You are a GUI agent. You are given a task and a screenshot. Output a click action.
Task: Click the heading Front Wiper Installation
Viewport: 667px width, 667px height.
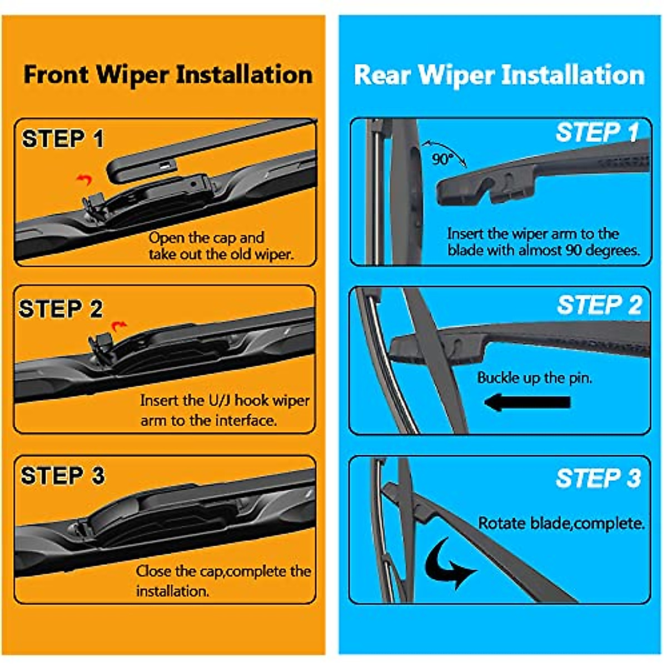tap(167, 74)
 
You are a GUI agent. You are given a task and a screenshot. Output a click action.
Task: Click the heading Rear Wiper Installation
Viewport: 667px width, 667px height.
tap(499, 75)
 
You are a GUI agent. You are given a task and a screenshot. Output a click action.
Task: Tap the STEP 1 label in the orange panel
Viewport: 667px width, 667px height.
tap(63, 139)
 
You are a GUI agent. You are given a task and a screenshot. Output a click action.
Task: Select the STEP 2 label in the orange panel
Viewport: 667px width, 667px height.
tap(61, 309)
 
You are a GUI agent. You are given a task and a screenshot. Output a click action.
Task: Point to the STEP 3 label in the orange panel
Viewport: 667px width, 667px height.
tap(62, 476)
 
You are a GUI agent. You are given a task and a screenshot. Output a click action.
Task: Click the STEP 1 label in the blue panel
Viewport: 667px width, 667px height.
tap(598, 133)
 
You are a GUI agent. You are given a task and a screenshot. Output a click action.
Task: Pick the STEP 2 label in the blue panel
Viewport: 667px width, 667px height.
tap(599, 305)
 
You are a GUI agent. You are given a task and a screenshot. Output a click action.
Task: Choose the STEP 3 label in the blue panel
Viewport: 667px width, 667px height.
tap(598, 478)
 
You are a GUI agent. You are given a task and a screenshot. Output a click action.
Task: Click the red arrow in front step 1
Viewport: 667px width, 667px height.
tap(84, 179)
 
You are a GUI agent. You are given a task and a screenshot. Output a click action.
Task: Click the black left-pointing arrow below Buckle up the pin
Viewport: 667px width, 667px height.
tap(527, 402)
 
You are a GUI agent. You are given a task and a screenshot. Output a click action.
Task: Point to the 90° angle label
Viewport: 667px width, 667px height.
tap(442, 160)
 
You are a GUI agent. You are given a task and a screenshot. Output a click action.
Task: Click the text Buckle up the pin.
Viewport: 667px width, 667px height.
tap(534, 378)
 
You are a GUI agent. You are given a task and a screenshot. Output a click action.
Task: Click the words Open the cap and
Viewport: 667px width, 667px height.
tap(206, 238)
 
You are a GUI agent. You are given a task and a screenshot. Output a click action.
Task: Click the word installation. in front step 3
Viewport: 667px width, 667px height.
tap(172, 591)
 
